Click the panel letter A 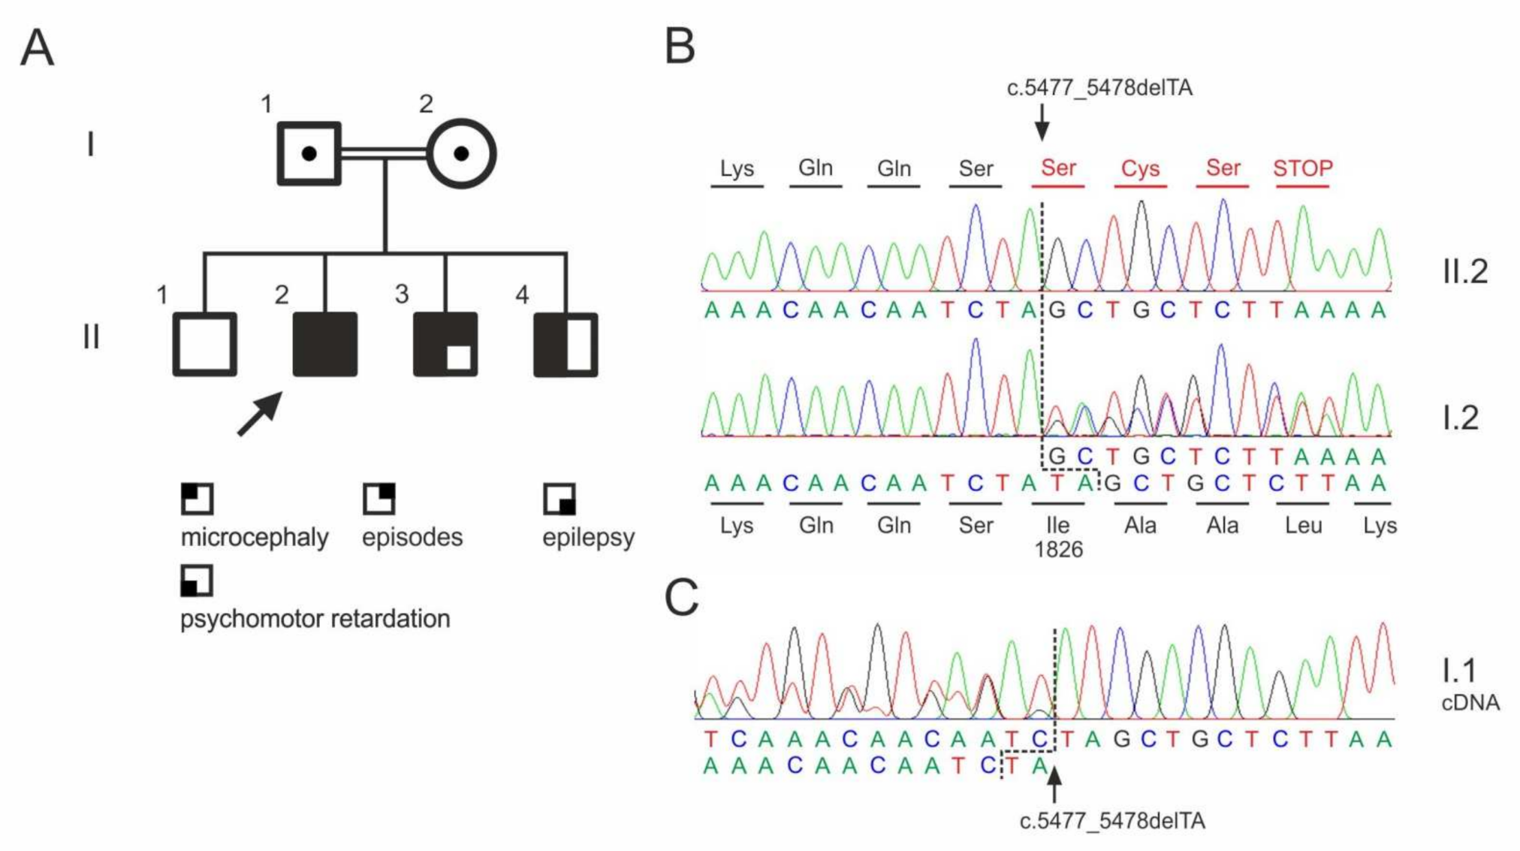37,48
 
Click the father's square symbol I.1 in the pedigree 309,154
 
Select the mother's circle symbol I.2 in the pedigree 461,154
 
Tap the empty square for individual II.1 205,344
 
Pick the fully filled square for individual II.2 325,344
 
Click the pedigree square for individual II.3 445,344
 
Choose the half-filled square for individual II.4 565,344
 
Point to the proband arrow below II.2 259,414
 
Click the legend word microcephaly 255,537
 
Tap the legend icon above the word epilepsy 559,499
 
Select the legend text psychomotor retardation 315,619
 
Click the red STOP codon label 1303,168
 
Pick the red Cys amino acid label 1140,169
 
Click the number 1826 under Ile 1058,550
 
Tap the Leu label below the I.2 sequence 1303,525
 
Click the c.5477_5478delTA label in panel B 1099,88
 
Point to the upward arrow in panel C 1054,785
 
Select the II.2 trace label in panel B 1465,271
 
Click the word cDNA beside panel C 1470,703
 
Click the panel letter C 681,599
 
